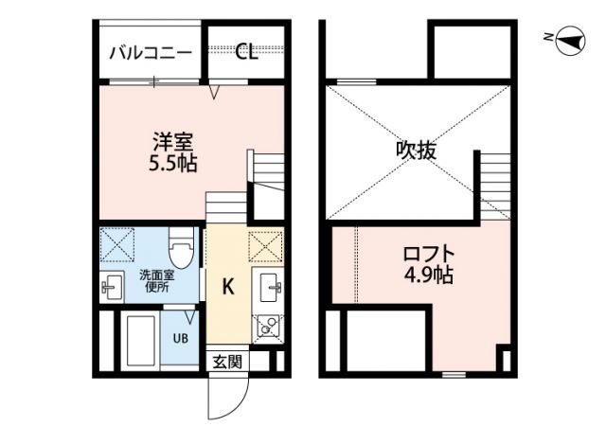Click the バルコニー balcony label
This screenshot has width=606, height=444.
click(151, 52)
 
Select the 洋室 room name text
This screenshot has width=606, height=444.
click(172, 143)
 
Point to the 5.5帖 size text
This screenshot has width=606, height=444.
click(172, 163)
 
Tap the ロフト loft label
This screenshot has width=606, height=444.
click(428, 255)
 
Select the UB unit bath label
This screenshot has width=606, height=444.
click(179, 337)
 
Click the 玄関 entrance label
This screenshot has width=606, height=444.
click(226, 361)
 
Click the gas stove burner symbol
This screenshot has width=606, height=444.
click(266, 327)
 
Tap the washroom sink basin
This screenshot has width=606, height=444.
click(112, 285)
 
